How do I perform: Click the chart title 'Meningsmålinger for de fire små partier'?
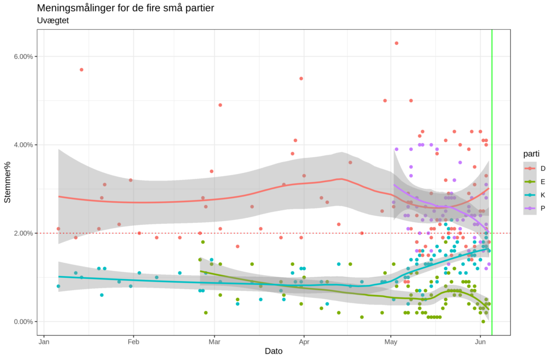coord(126,8)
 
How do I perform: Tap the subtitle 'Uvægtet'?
coord(52,21)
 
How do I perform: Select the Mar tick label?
coord(215,342)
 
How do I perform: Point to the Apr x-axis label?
coord(304,342)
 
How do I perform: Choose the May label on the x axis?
coord(391,342)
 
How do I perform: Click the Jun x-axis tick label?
coord(480,342)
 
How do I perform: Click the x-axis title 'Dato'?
coord(273,351)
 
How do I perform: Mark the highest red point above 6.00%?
coord(397,43)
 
